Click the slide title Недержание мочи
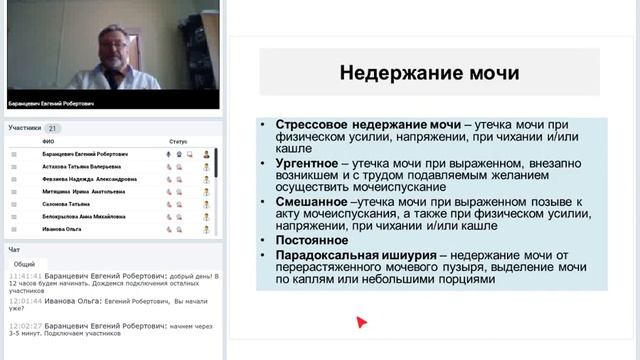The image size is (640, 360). pyautogui.click(x=429, y=73)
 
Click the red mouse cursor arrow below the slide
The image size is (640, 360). pyautogui.click(x=361, y=322)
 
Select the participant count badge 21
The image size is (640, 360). pyautogui.click(x=53, y=128)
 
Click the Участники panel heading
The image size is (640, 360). pyautogui.click(x=25, y=128)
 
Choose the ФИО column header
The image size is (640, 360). pyautogui.click(x=48, y=142)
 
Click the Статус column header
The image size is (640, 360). pyautogui.click(x=178, y=142)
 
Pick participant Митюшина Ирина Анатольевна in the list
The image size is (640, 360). pyautogui.click(x=83, y=191)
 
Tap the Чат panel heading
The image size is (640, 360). pyautogui.click(x=14, y=249)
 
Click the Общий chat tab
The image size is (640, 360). pyautogui.click(x=24, y=264)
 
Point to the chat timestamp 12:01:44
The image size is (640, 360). pyautogui.click(x=25, y=300)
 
